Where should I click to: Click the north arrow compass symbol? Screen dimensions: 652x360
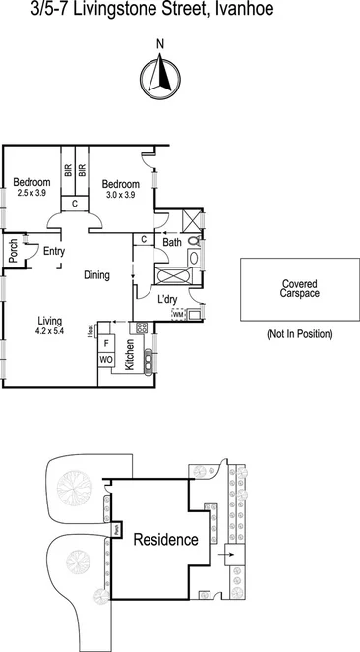point(160,77)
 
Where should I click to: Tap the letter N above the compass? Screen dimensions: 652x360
point(160,43)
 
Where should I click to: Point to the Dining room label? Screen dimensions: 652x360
point(95,275)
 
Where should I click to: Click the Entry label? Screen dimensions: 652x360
point(53,251)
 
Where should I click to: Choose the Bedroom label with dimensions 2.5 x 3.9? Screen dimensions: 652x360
point(32,182)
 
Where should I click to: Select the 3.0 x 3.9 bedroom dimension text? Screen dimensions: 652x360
point(120,196)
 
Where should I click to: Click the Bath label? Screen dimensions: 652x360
point(171,241)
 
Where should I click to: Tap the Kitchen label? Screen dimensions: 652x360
point(129,355)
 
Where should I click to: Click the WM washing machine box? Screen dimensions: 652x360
point(178,315)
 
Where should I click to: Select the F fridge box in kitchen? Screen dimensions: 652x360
point(106,345)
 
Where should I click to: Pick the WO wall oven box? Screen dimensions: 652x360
point(106,361)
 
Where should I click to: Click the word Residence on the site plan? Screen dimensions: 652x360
point(165,540)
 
